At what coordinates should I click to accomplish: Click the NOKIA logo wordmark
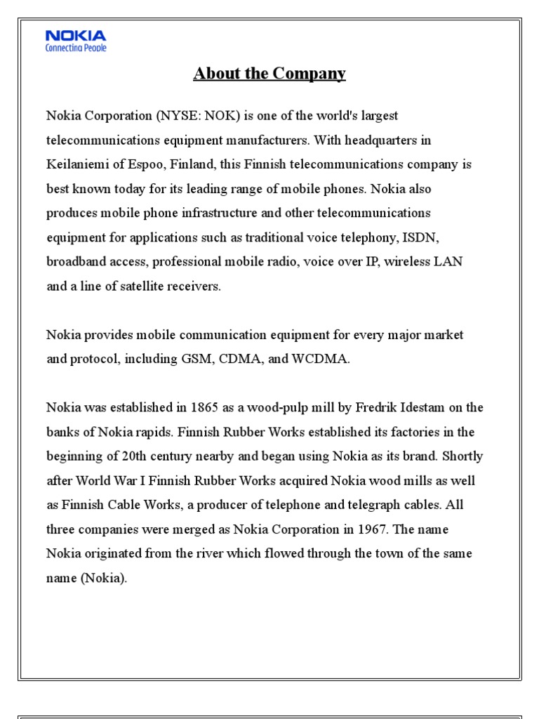tap(76, 36)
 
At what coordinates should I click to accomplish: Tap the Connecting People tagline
tap(76, 48)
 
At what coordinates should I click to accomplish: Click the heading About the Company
tap(269, 74)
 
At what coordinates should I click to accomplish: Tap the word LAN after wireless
tap(449, 262)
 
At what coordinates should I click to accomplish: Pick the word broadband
tap(75, 262)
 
